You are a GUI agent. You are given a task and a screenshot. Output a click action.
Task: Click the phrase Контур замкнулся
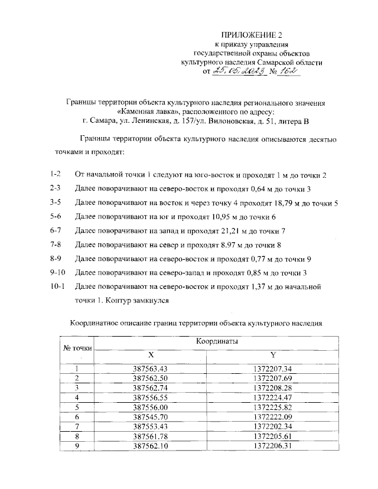click(142, 301)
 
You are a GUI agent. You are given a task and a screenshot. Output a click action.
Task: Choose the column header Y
click(272, 355)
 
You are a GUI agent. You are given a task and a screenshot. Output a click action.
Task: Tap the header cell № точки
click(77, 348)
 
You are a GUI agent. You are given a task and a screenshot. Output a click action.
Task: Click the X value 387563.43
click(151, 369)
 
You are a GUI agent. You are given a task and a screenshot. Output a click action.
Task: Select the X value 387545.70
click(151, 417)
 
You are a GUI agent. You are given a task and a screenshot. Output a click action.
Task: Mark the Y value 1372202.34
click(273, 426)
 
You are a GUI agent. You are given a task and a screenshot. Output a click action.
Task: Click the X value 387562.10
click(151, 446)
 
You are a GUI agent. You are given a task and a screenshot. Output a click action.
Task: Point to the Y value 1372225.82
click(273, 407)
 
